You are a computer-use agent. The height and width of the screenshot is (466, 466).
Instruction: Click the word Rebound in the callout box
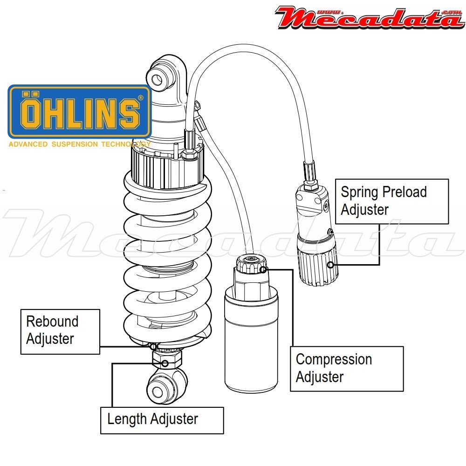pyautogui.click(x=52, y=321)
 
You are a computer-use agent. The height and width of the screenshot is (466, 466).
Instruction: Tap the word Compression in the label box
pyautogui.click(x=334, y=359)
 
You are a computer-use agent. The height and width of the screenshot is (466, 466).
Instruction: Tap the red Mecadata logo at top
pyautogui.click(x=368, y=18)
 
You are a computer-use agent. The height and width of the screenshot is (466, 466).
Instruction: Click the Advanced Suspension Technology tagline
pyautogui.click(x=79, y=144)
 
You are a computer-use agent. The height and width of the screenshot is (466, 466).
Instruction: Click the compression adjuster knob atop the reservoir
pyautogui.click(x=252, y=266)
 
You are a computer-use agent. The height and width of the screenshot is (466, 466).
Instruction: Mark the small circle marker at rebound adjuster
pyautogui.click(x=153, y=346)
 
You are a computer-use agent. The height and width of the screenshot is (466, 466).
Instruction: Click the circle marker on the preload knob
pyautogui.click(x=330, y=265)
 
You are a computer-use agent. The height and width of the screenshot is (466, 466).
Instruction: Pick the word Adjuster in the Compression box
pyautogui.click(x=320, y=377)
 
